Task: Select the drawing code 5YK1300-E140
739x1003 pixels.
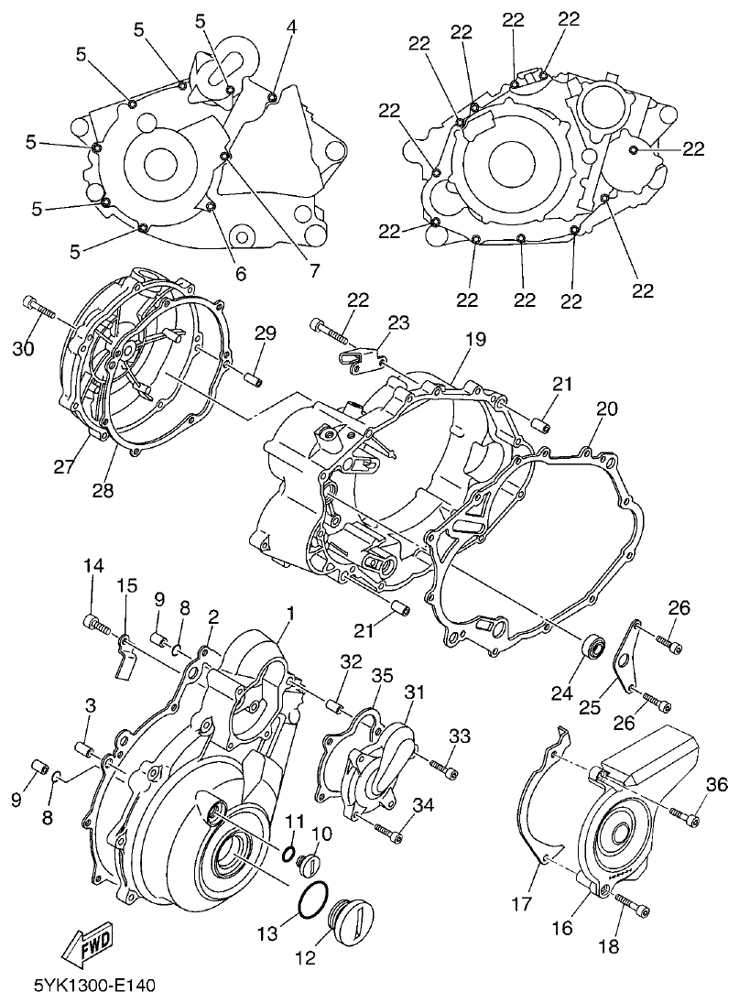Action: [x=95, y=986]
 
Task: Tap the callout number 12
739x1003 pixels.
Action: [x=306, y=958]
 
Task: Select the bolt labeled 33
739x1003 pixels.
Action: [x=442, y=769]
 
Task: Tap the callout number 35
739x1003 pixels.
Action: [x=382, y=675]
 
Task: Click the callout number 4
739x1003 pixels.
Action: [x=291, y=27]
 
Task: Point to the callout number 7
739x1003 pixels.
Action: [x=313, y=270]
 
